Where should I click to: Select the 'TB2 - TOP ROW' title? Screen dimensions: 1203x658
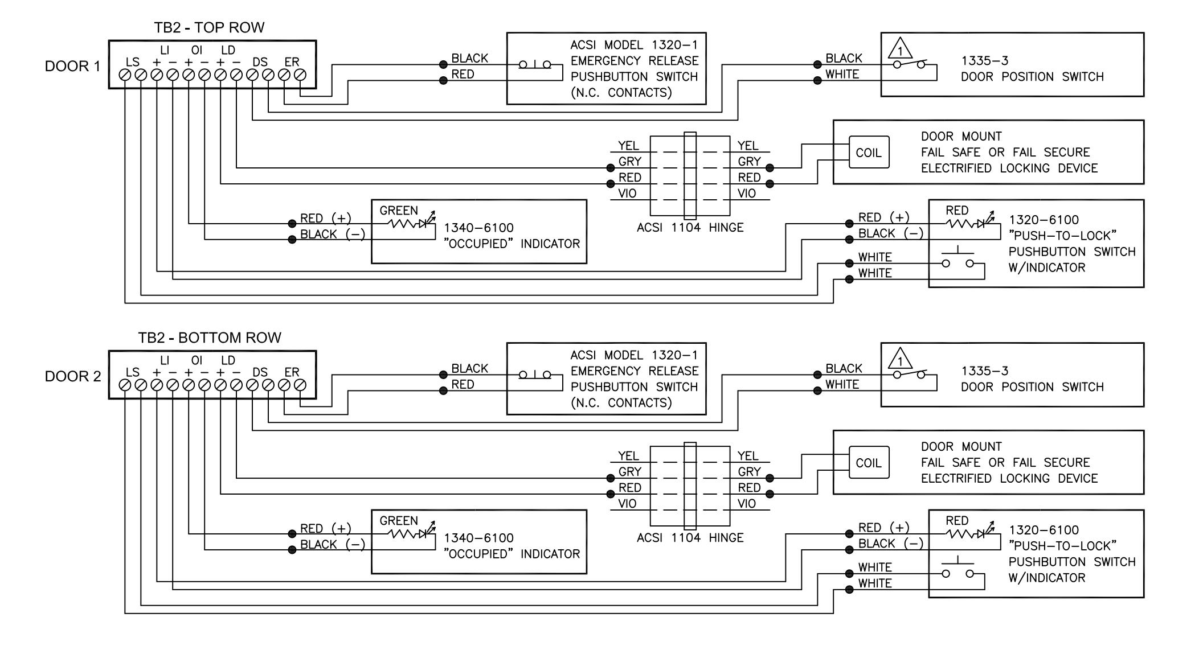point(209,27)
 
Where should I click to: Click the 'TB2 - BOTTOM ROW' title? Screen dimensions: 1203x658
point(210,338)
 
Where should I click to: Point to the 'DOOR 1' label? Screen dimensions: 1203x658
point(72,66)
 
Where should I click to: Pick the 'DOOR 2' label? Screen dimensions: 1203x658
point(73,376)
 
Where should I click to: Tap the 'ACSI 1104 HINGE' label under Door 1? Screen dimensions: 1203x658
point(690,228)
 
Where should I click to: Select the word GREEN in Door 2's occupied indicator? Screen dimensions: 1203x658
point(399,521)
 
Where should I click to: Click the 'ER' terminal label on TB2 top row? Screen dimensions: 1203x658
point(292,61)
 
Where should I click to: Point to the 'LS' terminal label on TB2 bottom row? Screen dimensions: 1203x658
point(132,372)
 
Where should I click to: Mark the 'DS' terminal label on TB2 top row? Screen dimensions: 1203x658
point(260,61)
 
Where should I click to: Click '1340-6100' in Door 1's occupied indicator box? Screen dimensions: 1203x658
point(478,228)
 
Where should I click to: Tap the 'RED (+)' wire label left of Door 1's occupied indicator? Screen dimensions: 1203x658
point(326,219)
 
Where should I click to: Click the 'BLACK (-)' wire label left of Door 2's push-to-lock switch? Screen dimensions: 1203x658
point(891,544)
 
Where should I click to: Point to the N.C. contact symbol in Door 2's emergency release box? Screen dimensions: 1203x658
point(535,375)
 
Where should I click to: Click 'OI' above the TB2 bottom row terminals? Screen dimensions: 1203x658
point(197,360)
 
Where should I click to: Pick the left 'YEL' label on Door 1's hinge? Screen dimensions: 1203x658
point(628,146)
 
